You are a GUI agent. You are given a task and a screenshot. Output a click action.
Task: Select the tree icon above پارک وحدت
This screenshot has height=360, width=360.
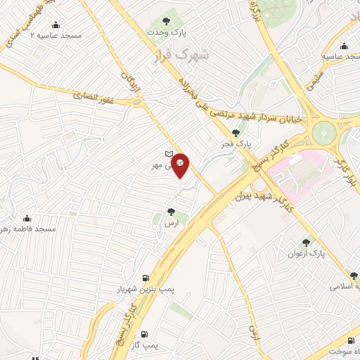pyautogui.click(x=166, y=21)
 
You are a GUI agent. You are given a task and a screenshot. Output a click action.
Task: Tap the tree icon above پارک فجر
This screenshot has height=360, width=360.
pyautogui.click(x=235, y=132)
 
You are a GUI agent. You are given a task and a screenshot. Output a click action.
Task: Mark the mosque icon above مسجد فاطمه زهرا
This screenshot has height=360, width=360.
pyautogui.click(x=27, y=217)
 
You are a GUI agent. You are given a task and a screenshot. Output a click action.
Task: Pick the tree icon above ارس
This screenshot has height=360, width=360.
pyautogui.click(x=171, y=210)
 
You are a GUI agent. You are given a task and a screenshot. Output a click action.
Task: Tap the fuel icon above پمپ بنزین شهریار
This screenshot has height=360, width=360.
pyautogui.click(x=146, y=278)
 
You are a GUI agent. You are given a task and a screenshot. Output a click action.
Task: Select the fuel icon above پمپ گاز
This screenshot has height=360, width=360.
pyautogui.click(x=145, y=334)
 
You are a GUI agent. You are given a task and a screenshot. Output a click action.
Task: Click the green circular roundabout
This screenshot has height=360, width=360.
pyautogui.click(x=324, y=131)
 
